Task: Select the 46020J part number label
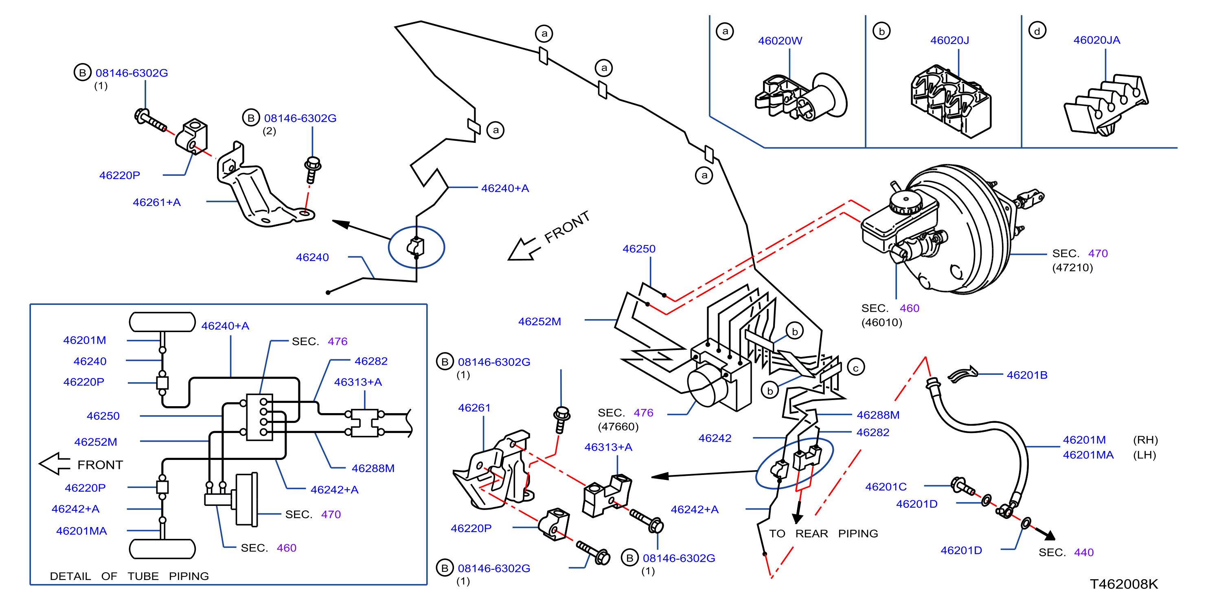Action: [x=949, y=40]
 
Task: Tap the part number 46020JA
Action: [x=1096, y=40]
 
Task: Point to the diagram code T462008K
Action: [x=1124, y=584]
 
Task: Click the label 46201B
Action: [x=1026, y=375]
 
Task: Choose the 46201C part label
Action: [x=886, y=487]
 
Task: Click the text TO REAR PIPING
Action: [x=824, y=534]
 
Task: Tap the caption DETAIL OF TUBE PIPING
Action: [x=129, y=576]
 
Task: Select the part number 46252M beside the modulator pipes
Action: [x=539, y=321]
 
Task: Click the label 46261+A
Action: [x=157, y=202]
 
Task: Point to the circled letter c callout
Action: [x=856, y=367]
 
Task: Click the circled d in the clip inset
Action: [x=1037, y=31]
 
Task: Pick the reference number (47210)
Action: [x=1072, y=267]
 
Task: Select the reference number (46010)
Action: [x=881, y=322]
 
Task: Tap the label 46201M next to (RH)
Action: [x=1084, y=440]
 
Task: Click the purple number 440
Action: [x=1084, y=552]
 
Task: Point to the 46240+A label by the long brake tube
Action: [x=504, y=188]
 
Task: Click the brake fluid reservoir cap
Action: [x=905, y=201]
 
